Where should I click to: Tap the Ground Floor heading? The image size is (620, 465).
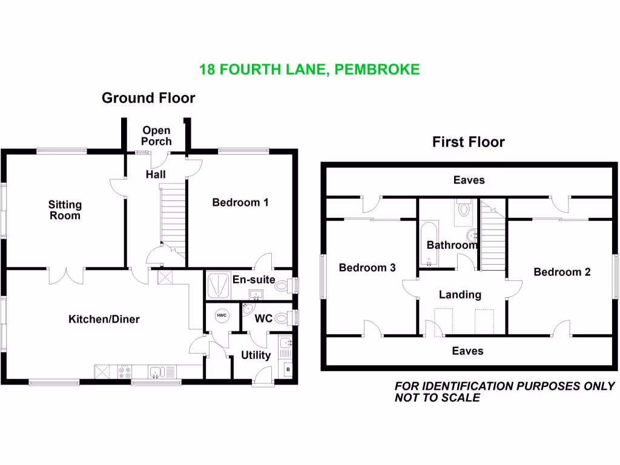[x=148, y=98]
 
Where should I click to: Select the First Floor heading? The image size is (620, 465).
[x=468, y=142]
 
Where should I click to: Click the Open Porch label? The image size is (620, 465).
[x=157, y=136]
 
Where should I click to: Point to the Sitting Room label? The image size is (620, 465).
[x=64, y=210]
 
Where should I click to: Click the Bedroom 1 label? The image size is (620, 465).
[x=240, y=203]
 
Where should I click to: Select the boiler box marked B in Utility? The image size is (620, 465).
[x=287, y=369]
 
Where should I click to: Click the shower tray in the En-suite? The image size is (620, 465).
[x=219, y=285]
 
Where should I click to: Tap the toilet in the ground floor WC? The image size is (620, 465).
[x=282, y=317]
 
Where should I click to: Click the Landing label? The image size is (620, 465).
[x=460, y=295]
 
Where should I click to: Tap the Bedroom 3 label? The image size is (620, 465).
[x=367, y=268]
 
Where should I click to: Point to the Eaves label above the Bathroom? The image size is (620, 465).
[x=469, y=180]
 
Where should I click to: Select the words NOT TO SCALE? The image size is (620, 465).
[x=437, y=398]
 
